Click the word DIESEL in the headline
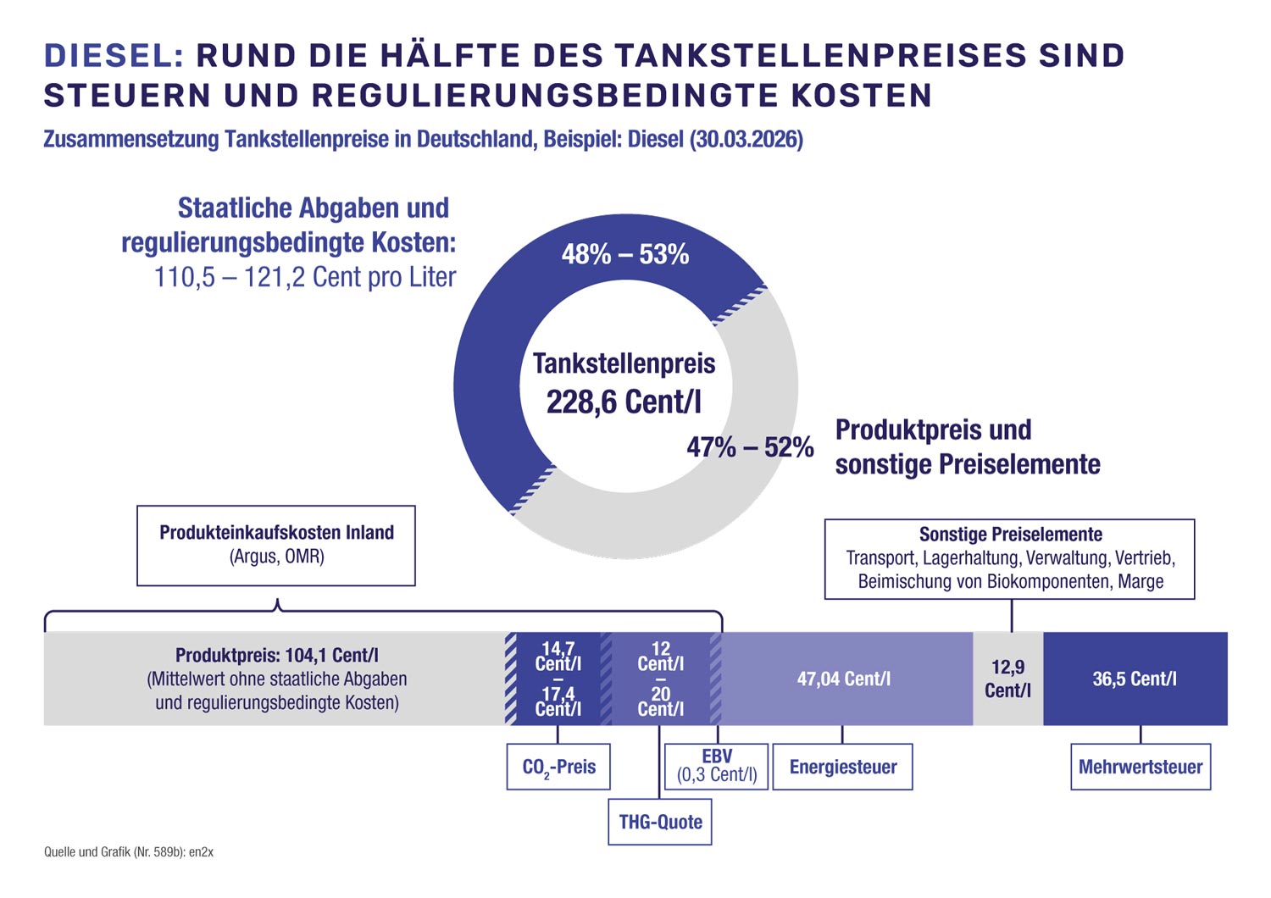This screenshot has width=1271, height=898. [114, 56]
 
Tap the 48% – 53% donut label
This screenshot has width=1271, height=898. [625, 254]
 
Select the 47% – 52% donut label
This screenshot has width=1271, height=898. [750, 447]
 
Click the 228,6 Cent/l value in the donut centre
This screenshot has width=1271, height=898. [624, 402]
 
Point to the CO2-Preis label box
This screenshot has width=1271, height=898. [558, 767]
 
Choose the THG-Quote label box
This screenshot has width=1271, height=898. [660, 822]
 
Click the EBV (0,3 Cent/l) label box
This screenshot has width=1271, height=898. [717, 766]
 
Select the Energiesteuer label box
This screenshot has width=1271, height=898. [843, 767]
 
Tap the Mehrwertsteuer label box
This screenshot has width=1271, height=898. [1141, 767]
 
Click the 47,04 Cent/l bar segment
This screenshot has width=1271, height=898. [844, 679]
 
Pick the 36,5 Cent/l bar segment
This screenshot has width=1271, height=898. [1135, 679]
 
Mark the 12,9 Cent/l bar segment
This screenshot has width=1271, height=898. [1007, 679]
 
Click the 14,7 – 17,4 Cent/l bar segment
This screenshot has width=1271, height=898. [558, 679]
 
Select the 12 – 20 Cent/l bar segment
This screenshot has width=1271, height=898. [661, 679]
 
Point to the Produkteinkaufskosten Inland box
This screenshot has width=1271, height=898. [276, 545]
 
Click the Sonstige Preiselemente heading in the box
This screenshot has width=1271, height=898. [1011, 535]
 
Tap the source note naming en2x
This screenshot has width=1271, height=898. [129, 852]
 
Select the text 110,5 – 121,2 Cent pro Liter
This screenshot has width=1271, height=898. [305, 277]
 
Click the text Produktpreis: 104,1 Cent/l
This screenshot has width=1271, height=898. [277, 655]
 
